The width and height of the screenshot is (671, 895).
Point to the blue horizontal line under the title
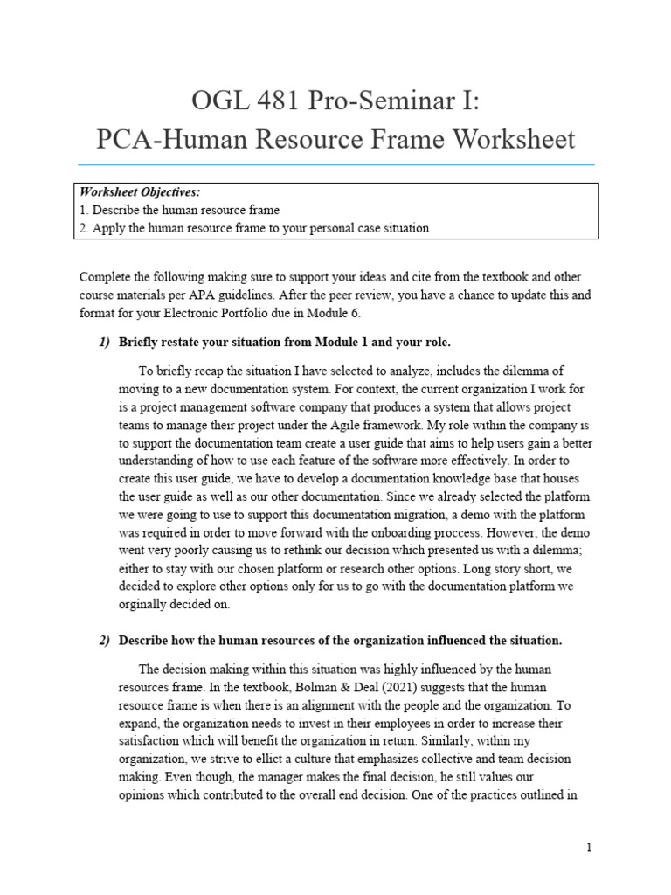(x=335, y=164)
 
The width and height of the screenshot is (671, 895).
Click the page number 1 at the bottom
(x=590, y=848)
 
